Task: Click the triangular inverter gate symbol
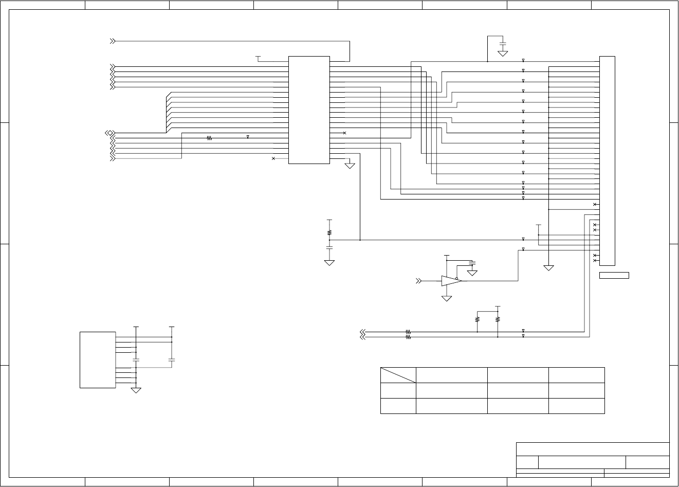pos(451,281)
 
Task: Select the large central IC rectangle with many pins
pos(309,110)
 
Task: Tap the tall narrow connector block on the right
pos(607,160)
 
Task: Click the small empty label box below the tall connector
pos(614,276)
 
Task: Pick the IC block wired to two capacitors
pos(98,360)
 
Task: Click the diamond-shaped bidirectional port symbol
pos(109,133)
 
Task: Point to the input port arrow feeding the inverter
pos(419,281)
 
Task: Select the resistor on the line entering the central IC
pos(209,138)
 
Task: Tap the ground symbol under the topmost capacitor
pos(503,53)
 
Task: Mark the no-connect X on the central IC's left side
pos(273,158)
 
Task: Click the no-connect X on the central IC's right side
pos(344,133)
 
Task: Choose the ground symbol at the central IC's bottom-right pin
pos(350,166)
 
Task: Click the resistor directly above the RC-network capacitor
pos(329,232)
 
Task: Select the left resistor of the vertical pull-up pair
pos(478,319)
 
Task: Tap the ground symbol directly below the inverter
pos(447,298)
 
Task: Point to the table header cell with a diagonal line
pos(398,375)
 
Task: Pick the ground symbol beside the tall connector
pos(549,267)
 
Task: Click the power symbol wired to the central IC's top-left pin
pos(258,57)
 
